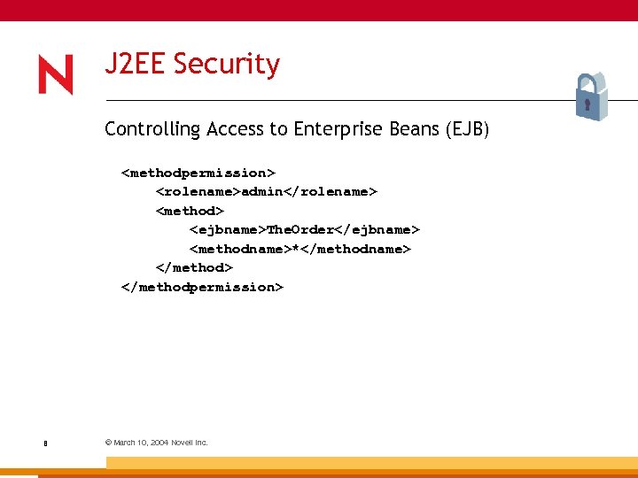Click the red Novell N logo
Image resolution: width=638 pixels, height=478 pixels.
click(x=55, y=74)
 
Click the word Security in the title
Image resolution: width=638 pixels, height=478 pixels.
click(x=226, y=64)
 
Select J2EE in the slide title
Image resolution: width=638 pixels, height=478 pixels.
click(x=136, y=64)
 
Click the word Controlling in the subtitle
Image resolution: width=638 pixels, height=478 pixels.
click(x=152, y=129)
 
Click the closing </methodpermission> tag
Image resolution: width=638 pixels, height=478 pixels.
click(x=203, y=287)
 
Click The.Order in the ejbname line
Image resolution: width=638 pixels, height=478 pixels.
click(x=304, y=229)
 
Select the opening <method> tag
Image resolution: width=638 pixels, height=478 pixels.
click(x=191, y=211)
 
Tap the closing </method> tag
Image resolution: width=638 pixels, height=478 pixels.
click(x=194, y=267)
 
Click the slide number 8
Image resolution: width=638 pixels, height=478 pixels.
click(x=44, y=443)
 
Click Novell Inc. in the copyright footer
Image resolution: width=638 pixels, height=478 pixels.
click(x=189, y=443)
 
